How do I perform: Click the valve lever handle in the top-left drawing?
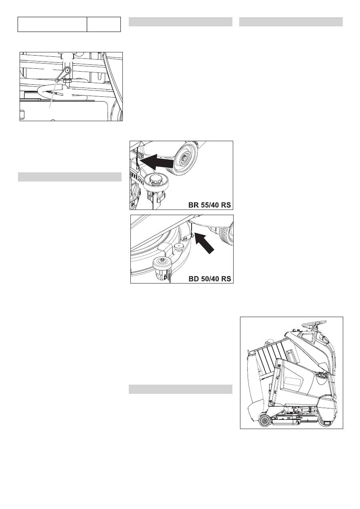click(63, 74)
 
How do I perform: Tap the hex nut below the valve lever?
click(67, 81)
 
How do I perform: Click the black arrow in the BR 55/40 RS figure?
click(158, 162)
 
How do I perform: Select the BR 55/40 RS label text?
click(209, 205)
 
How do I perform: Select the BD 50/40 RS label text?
click(210, 279)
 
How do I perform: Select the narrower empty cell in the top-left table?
click(104, 24)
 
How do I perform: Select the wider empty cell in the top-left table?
click(52, 24)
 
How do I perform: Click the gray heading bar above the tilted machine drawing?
click(291, 22)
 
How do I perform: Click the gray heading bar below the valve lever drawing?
click(70, 177)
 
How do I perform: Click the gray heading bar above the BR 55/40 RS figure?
click(180, 22)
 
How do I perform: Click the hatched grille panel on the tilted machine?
click(272, 355)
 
